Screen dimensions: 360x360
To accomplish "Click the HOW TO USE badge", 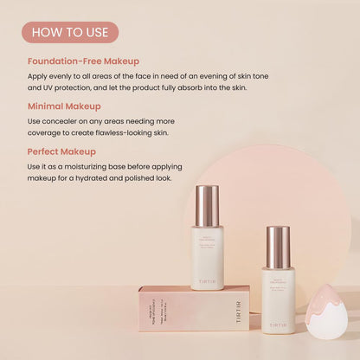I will (69, 32).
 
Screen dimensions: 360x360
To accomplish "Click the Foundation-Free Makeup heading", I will (83, 61).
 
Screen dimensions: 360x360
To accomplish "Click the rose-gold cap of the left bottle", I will (207, 205).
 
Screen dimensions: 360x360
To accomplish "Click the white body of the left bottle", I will (208, 255).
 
